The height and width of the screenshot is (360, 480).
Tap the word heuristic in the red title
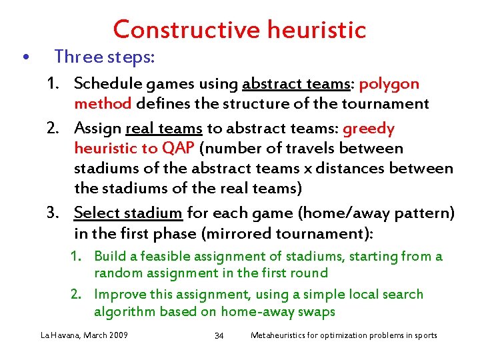click(317, 30)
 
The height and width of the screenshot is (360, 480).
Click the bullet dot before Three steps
click(25, 58)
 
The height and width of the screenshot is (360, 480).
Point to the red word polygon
click(389, 84)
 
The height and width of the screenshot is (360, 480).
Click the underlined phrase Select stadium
click(128, 213)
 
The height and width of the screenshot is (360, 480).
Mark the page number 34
click(219, 335)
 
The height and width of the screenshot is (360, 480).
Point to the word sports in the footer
click(423, 335)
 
